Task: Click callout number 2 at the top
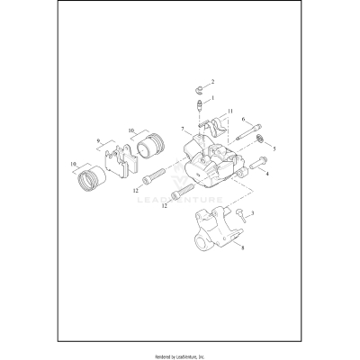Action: click(x=212, y=82)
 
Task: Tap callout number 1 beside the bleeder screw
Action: click(x=212, y=98)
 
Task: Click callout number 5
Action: click(x=274, y=148)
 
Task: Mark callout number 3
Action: click(x=253, y=213)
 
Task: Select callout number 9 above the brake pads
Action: click(x=100, y=140)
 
